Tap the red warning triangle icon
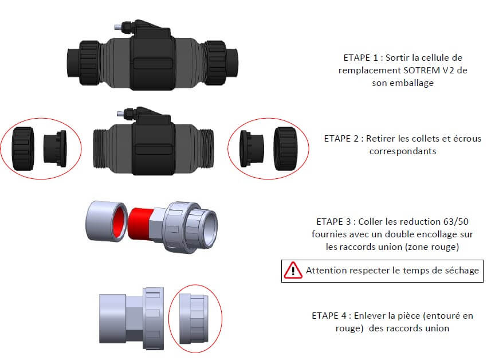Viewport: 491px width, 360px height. [293, 270]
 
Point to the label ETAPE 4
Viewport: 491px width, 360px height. [331, 316]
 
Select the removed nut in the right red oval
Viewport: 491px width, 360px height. [285, 148]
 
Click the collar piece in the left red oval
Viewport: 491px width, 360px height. [55, 148]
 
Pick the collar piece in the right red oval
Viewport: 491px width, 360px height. [252, 148]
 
